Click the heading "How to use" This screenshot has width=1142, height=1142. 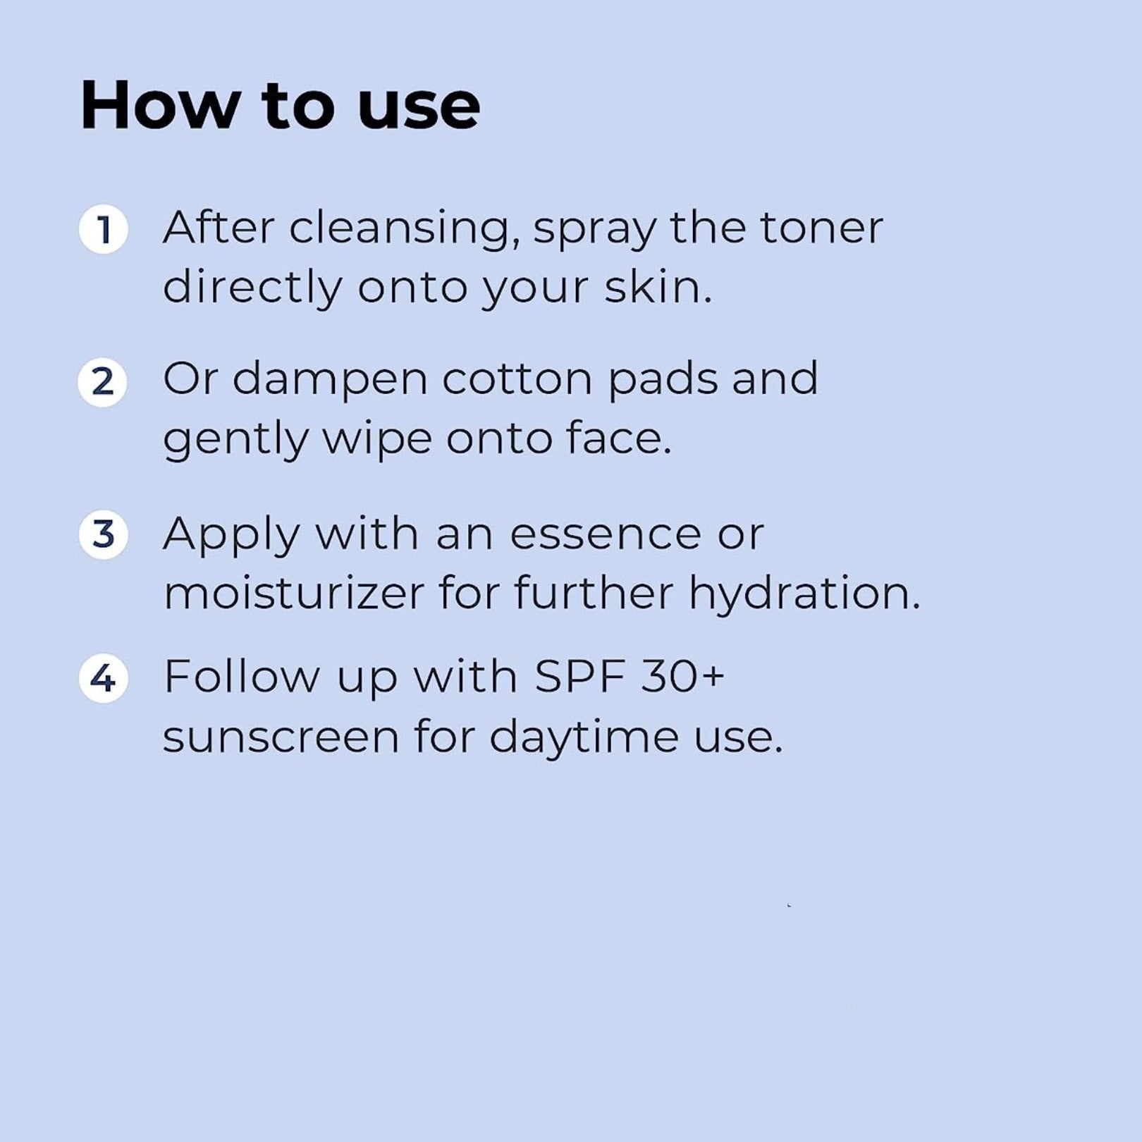281,105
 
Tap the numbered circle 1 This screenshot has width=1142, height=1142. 103,229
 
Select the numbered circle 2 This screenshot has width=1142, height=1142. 103,382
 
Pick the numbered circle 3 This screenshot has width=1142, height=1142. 103,534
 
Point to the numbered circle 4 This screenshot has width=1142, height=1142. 103,678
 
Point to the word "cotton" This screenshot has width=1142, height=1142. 517,380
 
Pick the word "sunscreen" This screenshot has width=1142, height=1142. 281,738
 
